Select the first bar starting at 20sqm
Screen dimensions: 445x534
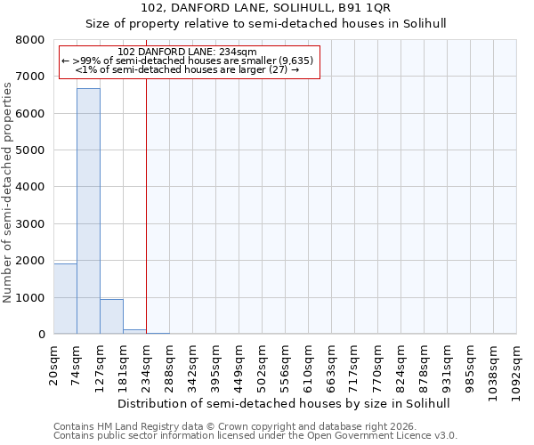pyautogui.click(x=65, y=298)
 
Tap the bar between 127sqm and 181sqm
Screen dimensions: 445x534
pyautogui.click(x=111, y=316)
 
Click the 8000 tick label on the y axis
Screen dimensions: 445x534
pyautogui.click(x=30, y=40)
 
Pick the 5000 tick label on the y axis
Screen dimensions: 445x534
pyautogui.click(x=30, y=150)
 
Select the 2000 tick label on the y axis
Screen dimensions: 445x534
pyautogui.click(x=30, y=261)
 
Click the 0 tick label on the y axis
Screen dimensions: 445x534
pyautogui.click(x=41, y=335)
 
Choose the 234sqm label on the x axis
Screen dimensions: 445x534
pyautogui.click(x=147, y=363)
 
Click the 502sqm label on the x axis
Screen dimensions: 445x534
pyautogui.click(x=263, y=363)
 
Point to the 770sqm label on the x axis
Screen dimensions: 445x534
pyautogui.click(x=378, y=363)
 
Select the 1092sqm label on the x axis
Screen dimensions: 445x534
pyautogui.click(x=517, y=366)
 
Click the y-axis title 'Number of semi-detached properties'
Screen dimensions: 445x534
pyautogui.click(x=10, y=188)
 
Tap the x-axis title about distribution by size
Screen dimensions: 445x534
pyautogui.click(x=285, y=403)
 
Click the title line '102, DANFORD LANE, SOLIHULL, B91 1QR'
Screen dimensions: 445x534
pyautogui.click(x=266, y=8)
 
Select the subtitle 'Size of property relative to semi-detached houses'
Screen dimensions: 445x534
pyautogui.click(x=266, y=24)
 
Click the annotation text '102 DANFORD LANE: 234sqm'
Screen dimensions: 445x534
pyautogui.click(x=187, y=52)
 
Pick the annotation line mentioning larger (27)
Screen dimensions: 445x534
pyautogui.click(x=187, y=69)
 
